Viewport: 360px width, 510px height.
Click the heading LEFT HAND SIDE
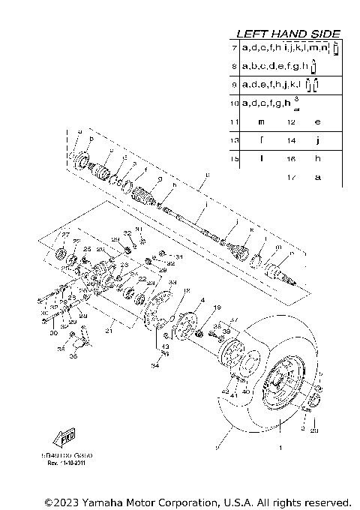pos(288,34)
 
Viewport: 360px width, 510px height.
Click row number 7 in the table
pos(235,48)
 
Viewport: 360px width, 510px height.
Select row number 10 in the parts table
pos(235,102)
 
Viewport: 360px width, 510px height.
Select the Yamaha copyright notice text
pos(197,502)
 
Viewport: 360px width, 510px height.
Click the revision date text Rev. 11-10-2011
pos(67,463)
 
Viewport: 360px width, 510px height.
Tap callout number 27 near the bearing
pos(65,235)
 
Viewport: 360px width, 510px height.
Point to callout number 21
pos(108,331)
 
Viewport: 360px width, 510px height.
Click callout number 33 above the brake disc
pos(172,283)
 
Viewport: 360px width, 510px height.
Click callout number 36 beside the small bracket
pos(73,356)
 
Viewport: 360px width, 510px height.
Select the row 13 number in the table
pos(235,140)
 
